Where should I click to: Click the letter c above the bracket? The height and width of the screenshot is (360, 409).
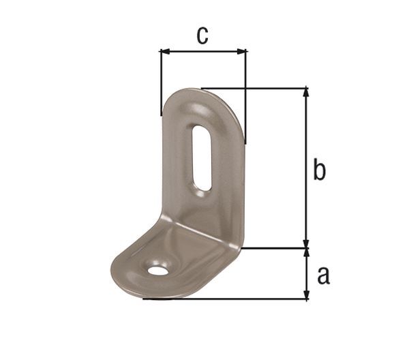202,35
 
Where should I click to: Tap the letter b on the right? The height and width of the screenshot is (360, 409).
319,170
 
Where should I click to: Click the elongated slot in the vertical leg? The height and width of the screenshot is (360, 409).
202,157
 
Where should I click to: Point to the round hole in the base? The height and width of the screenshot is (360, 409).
158,270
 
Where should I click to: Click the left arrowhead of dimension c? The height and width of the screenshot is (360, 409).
164,50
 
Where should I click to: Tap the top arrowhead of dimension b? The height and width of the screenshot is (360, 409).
306,93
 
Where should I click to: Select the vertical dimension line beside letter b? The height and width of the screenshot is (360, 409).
306,170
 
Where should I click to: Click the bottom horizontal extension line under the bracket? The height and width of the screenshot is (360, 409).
225,299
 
